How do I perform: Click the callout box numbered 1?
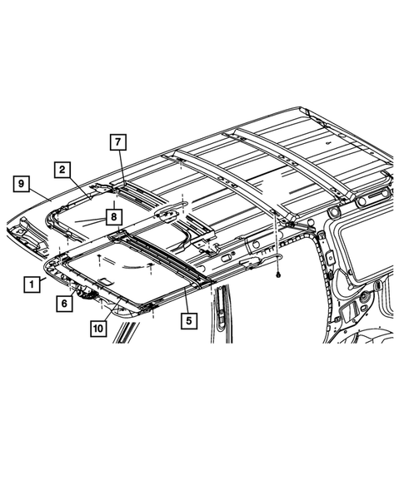point(31,284)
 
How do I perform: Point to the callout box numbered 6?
point(64,304)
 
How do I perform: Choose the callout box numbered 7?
point(119,141)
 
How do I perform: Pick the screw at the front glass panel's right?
point(147,265)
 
